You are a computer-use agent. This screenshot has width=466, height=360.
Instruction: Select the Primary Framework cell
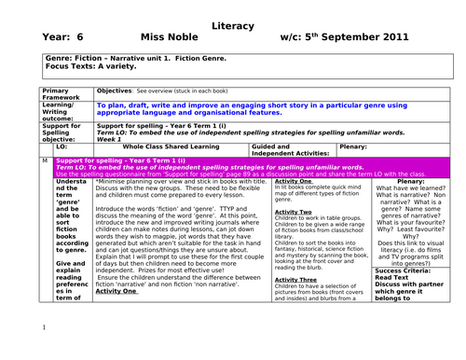[65, 94]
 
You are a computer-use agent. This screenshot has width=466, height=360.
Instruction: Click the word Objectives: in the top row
[116, 90]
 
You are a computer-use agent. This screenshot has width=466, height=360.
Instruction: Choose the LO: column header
[62, 146]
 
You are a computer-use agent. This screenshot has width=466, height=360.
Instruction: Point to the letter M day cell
[45, 161]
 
